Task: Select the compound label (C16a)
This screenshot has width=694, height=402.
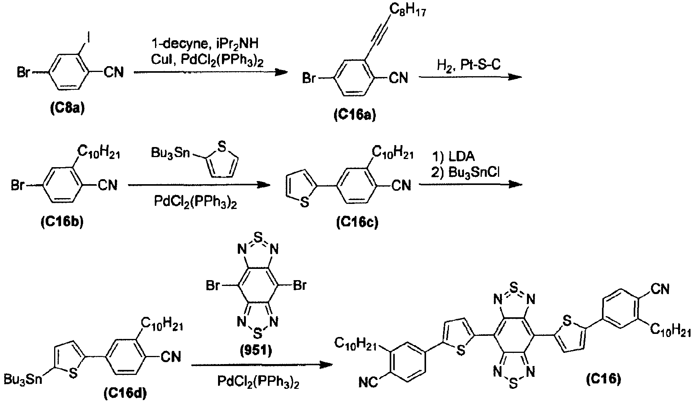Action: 355,115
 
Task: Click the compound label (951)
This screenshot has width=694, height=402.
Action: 256,351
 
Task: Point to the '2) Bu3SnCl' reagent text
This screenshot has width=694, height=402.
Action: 466,173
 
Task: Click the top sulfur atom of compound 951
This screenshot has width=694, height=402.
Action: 256,236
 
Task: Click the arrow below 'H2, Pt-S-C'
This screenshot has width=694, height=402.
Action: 470,77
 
